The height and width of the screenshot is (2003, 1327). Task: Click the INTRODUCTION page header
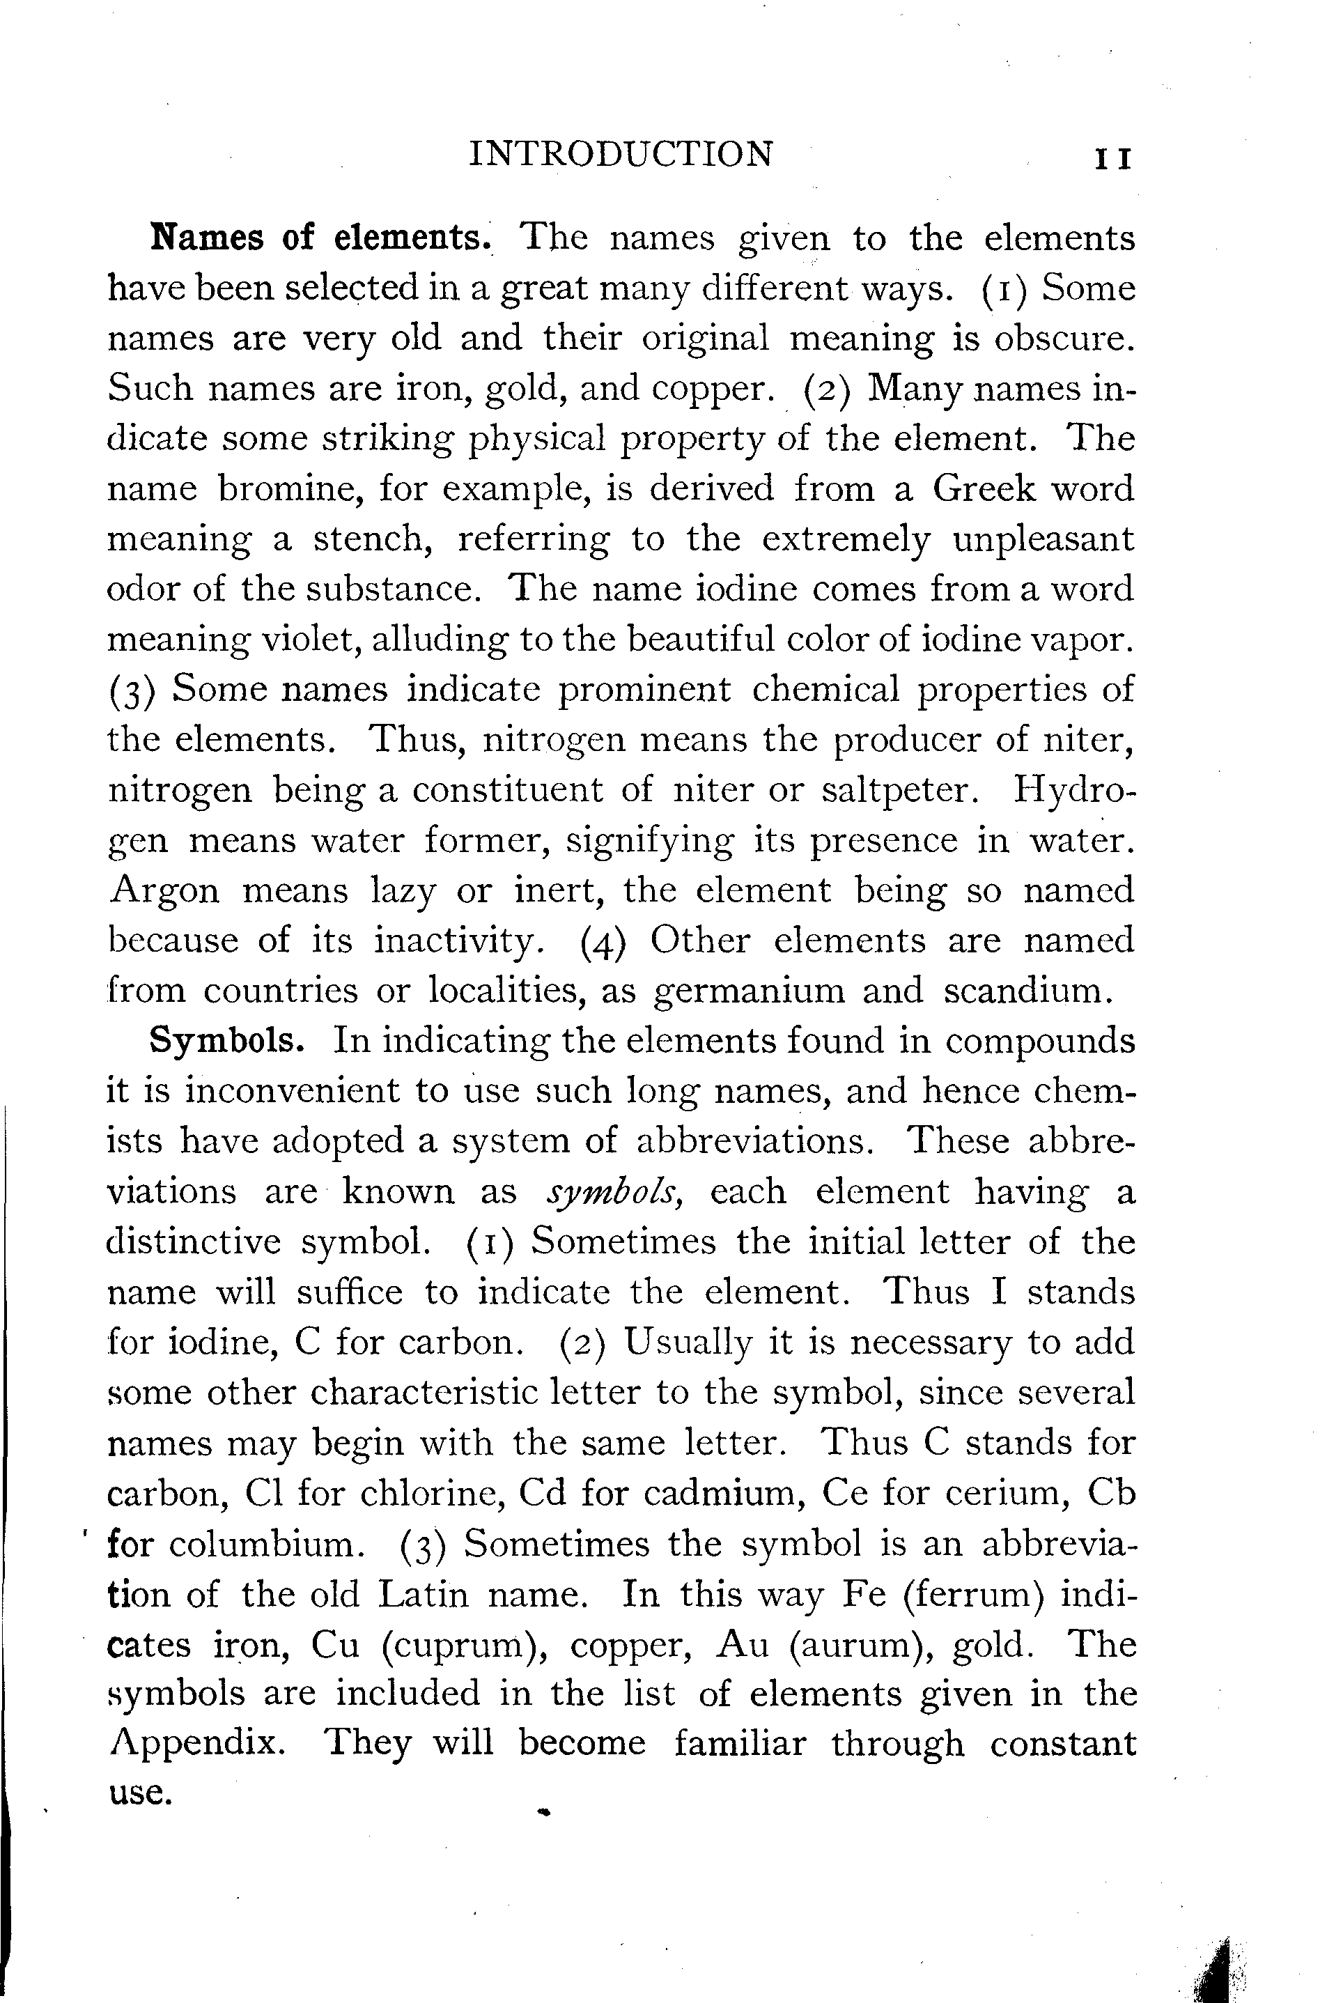tap(621, 154)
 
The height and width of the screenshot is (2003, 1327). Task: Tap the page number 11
tap(1113, 159)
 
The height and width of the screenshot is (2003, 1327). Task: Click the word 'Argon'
tap(164, 890)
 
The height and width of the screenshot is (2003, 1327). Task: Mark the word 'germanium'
tap(750, 991)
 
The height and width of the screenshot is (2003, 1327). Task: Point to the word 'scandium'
tap(1024, 990)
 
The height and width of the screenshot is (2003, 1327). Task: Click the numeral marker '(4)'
tap(603, 942)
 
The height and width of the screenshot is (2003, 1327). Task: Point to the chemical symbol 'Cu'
tap(335, 1644)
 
